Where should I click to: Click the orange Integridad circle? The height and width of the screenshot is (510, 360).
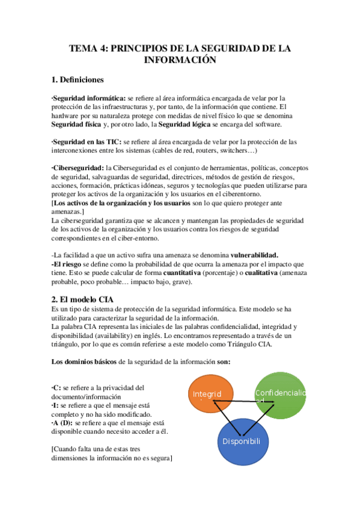207,394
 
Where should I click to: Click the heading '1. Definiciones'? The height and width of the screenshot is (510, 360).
78,79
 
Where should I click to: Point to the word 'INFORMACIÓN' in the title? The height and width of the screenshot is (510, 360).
180,60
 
